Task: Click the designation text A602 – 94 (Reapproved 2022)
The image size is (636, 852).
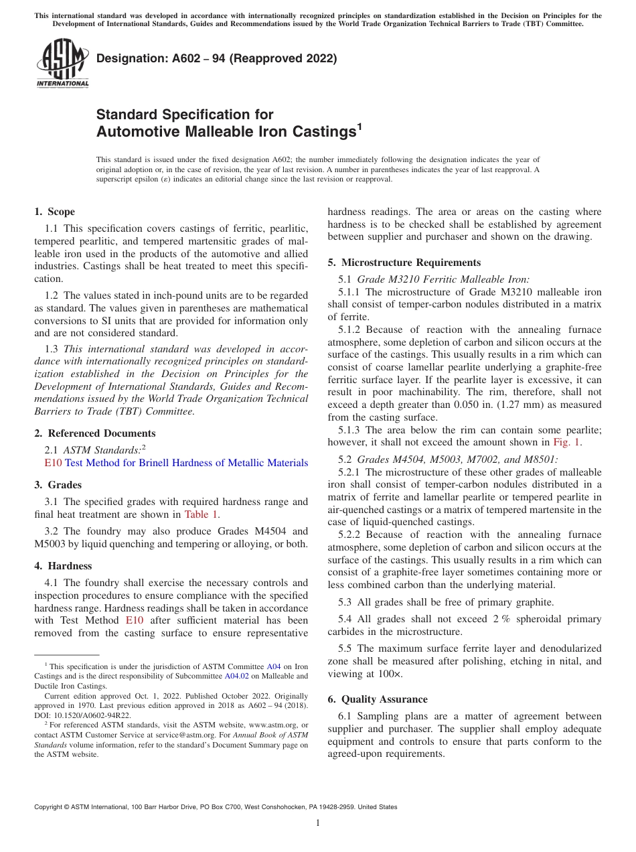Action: click(216, 59)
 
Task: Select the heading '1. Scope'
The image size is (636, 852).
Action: click(54, 212)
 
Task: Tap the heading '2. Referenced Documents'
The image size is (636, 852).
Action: click(94, 433)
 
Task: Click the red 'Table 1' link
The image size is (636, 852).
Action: click(201, 514)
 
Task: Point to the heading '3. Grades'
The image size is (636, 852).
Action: click(58, 484)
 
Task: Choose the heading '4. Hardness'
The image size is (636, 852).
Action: click(63, 566)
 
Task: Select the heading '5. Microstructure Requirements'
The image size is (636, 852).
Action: click(404, 263)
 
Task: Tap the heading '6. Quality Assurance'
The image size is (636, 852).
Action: click(378, 699)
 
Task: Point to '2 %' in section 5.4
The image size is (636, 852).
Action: click(500, 619)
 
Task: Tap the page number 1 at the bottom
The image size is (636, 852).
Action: click(318, 823)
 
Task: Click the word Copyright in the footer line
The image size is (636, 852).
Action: click(50, 807)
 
